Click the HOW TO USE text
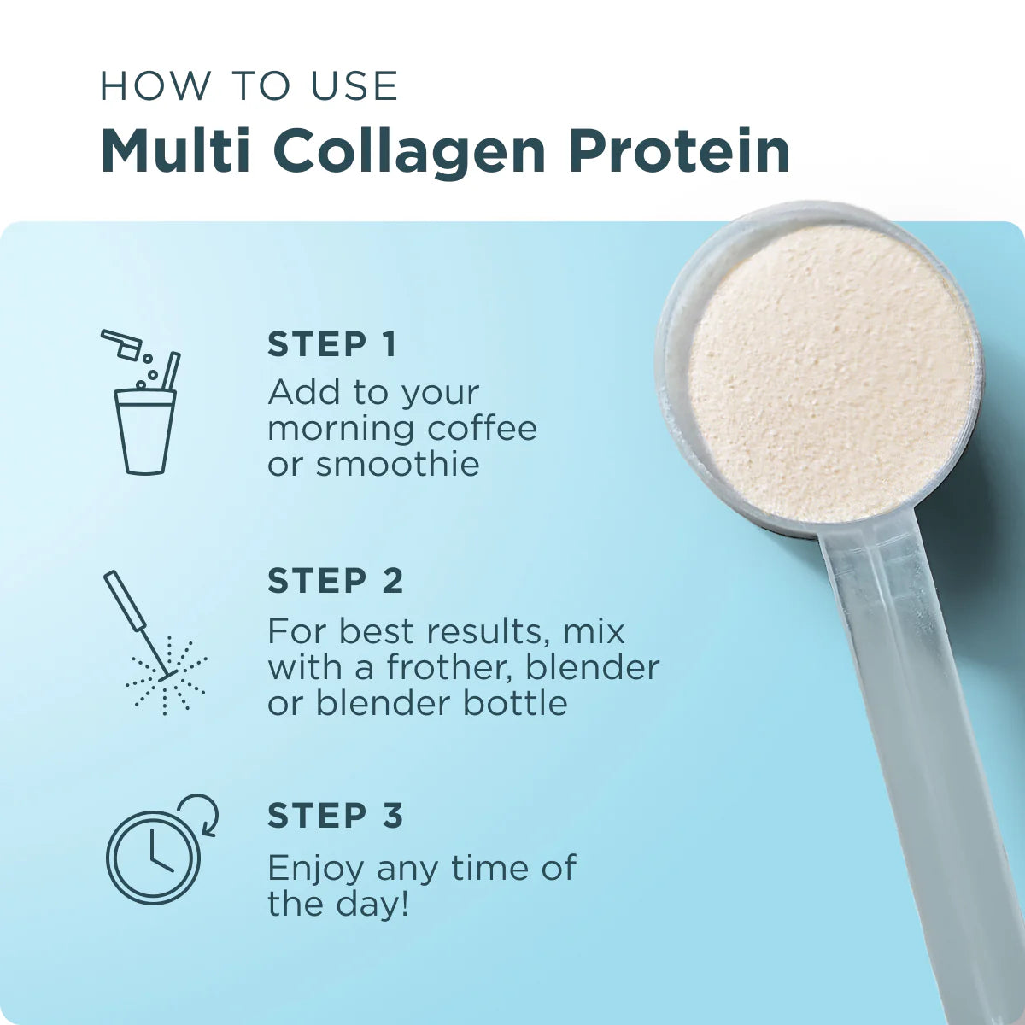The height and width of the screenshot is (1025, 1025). tap(249, 86)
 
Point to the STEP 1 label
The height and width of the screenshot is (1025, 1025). tap(332, 344)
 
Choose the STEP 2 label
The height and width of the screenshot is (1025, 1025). tap(335, 581)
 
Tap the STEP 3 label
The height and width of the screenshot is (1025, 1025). tap(335, 816)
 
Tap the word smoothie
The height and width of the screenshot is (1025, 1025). tap(397, 465)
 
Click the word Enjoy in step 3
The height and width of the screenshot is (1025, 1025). tap(317, 870)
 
